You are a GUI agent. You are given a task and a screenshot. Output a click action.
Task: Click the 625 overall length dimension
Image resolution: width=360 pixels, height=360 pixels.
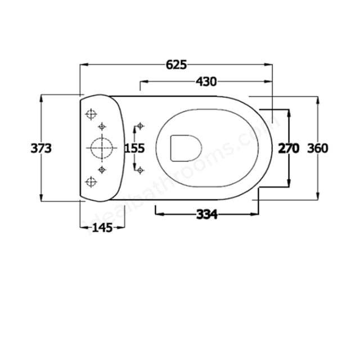tap(175, 65)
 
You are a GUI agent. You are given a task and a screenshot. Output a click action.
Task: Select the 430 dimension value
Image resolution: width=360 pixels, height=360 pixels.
tap(206, 82)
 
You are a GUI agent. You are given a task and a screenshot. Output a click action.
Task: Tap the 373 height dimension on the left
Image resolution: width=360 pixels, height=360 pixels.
tap(41, 148)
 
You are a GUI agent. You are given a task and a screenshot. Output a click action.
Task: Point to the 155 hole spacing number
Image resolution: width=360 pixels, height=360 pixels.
tap(134, 148)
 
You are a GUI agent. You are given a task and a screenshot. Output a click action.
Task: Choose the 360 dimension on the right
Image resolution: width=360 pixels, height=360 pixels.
tap(318, 148)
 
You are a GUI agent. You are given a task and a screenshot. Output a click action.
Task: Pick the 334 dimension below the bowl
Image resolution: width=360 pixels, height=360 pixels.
tap(207, 214)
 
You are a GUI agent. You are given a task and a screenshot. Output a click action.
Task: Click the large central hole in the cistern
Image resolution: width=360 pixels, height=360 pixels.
tap(101, 147)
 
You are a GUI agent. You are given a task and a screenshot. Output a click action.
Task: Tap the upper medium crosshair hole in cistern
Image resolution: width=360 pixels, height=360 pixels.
tap(89, 114)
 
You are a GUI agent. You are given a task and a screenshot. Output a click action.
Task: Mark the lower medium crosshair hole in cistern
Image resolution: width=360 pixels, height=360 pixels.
tap(89, 181)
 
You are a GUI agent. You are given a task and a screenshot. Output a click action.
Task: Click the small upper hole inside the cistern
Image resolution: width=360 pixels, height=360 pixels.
tap(102, 125)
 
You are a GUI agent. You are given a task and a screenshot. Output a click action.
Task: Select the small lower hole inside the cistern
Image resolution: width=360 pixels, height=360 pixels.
tap(102, 169)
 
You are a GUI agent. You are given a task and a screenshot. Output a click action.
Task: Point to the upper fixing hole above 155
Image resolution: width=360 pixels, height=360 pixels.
tap(139, 125)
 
